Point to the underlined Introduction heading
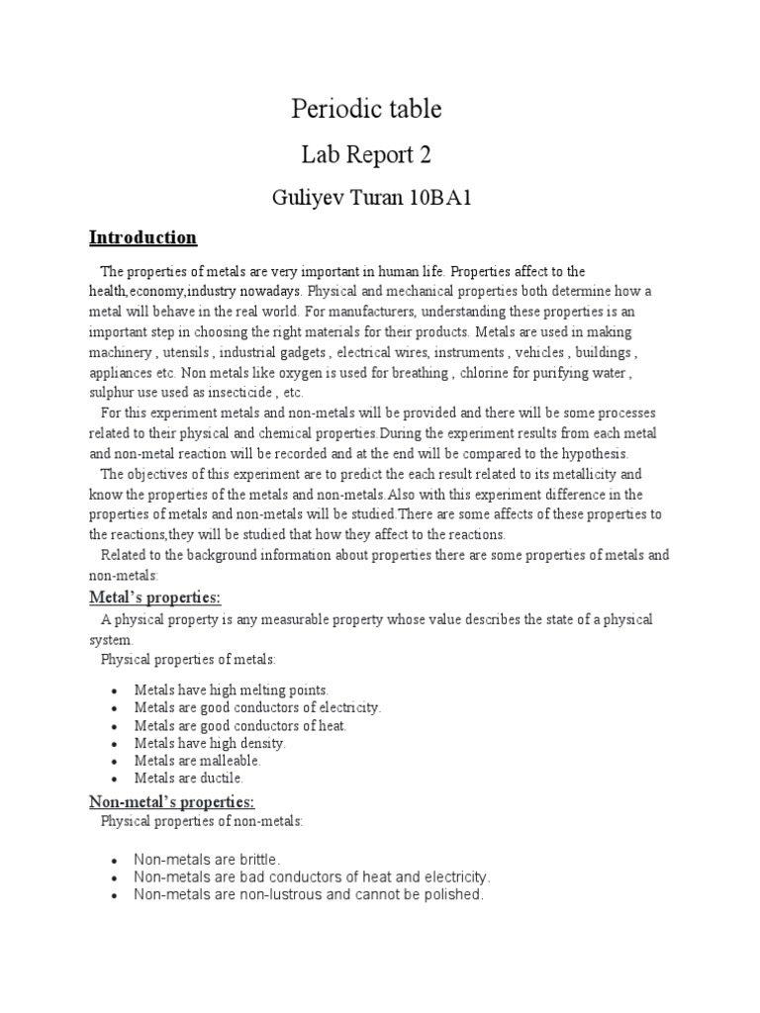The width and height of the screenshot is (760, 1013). click(142, 237)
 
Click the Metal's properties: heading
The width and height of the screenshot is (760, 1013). click(155, 598)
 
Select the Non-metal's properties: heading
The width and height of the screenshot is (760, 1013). click(172, 801)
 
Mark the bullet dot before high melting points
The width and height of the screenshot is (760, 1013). click(115, 691)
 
